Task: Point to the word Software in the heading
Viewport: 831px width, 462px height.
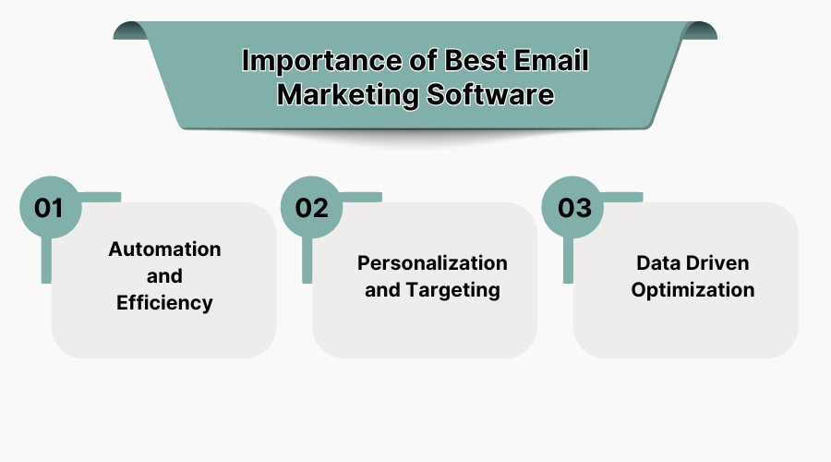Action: point(490,95)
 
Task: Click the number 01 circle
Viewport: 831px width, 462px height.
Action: point(49,207)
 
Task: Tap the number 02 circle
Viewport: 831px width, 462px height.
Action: point(311,207)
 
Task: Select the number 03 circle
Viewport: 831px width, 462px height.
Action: point(573,207)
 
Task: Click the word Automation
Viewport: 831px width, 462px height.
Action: point(164,249)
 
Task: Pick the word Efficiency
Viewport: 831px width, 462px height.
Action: point(164,302)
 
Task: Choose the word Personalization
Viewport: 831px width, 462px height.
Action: point(432,263)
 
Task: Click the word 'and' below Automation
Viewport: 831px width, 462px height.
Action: point(164,276)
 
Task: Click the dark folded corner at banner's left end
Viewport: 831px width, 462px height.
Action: point(130,30)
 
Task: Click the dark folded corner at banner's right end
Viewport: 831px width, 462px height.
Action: point(701,30)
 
